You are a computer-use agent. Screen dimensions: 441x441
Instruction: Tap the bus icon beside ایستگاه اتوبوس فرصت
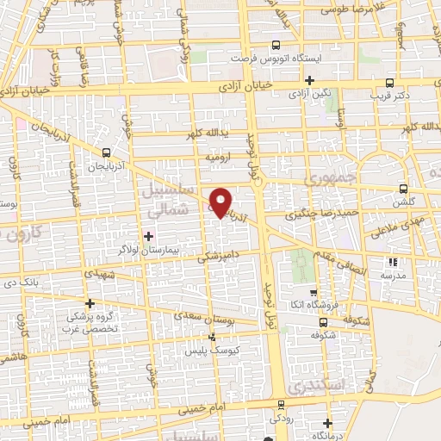276,46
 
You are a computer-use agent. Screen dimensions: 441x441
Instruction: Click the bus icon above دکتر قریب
390,84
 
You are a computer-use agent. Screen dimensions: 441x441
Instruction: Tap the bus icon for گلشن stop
402,187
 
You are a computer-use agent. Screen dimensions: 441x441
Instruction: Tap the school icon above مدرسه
394,262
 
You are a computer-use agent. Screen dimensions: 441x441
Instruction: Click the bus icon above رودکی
280,404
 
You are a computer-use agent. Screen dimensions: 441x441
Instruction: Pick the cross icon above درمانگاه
327,423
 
